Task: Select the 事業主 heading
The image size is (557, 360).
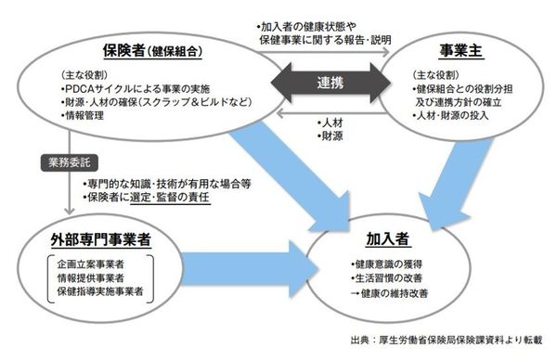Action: click(465, 48)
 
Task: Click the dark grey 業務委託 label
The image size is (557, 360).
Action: click(62, 163)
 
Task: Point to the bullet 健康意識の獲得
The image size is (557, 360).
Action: click(376, 264)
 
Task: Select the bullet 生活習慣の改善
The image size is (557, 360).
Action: click(376, 279)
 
